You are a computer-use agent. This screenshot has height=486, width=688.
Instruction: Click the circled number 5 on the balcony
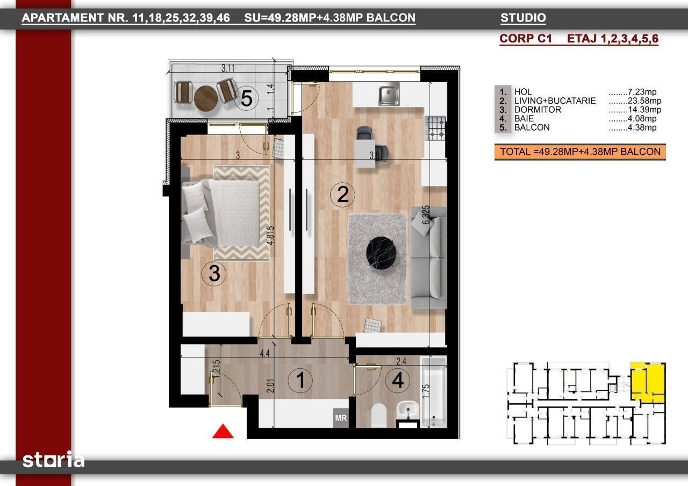[x=246, y=98]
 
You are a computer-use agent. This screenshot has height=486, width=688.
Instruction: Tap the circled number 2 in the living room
[x=342, y=195]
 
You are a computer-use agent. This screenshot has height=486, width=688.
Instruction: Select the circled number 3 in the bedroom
[x=214, y=274]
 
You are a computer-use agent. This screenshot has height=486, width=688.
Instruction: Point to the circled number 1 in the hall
[x=300, y=380]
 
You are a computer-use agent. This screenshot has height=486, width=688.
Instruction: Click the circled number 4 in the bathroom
[x=398, y=380]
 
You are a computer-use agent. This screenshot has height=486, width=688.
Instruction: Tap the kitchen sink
[x=389, y=94]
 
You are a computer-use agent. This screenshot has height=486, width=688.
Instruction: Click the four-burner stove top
[x=435, y=128]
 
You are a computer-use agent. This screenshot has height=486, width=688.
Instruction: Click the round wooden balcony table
[x=206, y=98]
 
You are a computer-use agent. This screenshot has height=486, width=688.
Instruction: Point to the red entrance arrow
[x=223, y=431]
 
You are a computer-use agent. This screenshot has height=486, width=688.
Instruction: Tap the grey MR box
[x=341, y=418]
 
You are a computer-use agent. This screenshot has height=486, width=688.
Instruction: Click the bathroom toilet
[x=379, y=416]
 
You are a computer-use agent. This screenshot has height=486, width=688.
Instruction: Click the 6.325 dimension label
[x=426, y=215]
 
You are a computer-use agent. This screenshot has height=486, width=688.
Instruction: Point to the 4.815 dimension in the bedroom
[x=270, y=235]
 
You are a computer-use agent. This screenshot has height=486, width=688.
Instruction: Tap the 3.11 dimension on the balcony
[x=227, y=68]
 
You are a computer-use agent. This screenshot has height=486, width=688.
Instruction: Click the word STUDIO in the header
[x=523, y=18]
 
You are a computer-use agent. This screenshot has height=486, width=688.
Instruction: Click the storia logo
[x=53, y=460]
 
